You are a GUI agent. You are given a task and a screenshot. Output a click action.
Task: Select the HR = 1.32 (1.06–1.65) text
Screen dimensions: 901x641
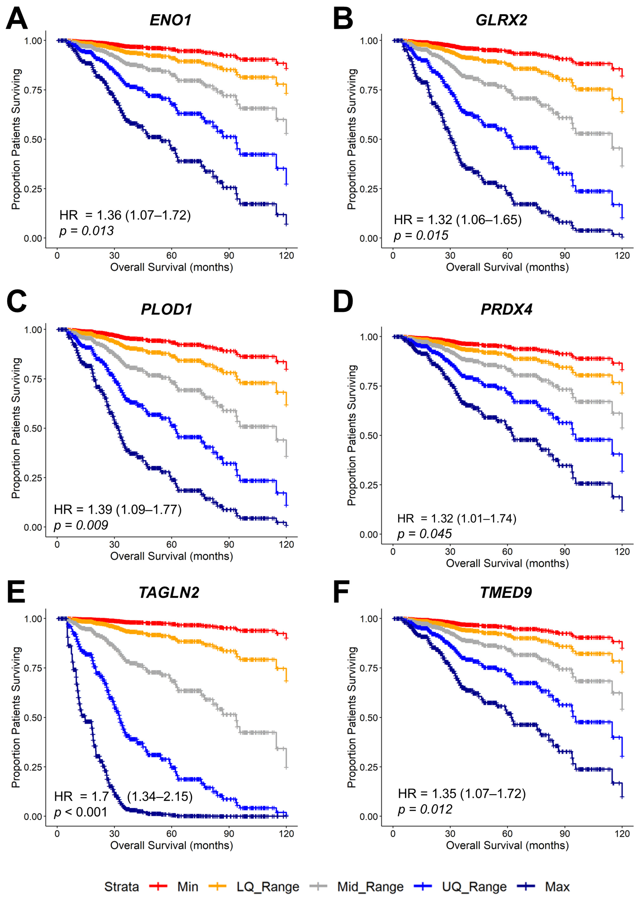(x=457, y=220)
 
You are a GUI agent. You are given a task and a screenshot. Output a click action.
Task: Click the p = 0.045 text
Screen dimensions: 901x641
(x=424, y=534)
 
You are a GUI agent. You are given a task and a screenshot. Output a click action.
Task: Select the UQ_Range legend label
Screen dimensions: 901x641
(x=474, y=887)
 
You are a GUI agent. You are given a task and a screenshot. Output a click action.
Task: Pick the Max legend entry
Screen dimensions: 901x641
(x=557, y=887)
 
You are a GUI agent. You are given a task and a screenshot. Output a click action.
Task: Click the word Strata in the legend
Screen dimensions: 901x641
(x=121, y=887)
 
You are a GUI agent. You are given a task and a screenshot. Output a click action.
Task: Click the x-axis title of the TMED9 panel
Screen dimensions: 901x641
(x=507, y=845)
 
